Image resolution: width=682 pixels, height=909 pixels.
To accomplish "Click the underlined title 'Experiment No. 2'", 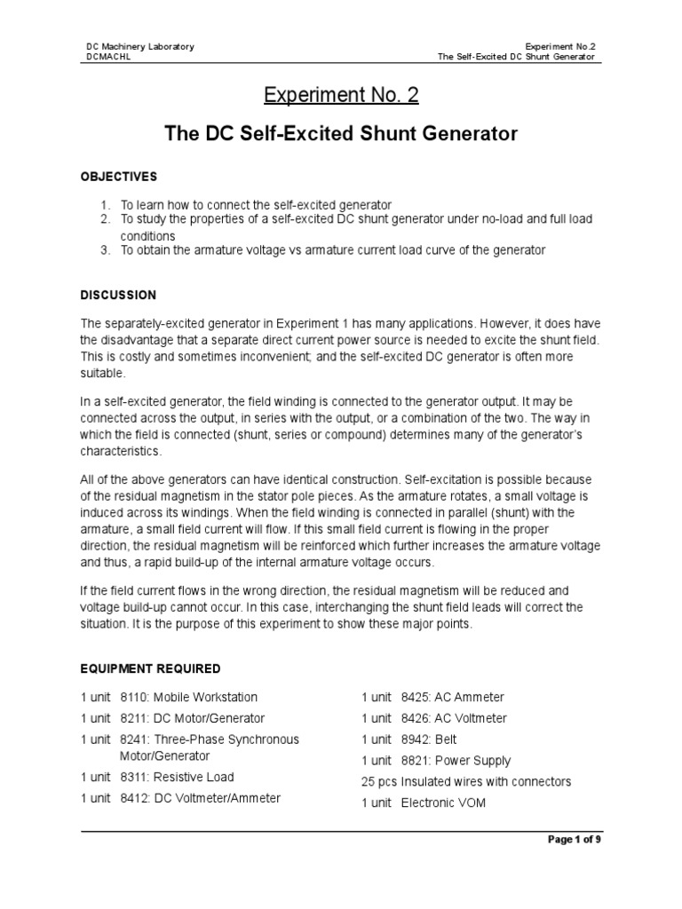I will point(342,95).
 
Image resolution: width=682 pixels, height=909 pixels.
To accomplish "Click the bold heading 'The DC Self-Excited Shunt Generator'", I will point(341,134).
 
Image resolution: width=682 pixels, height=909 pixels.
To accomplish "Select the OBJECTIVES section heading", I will point(119,177).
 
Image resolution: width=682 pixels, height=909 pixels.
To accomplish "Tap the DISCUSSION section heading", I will point(119,295).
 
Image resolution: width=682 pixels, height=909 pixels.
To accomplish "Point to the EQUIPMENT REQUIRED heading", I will point(151,668).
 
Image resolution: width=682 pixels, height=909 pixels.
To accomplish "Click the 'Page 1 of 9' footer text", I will point(575,839).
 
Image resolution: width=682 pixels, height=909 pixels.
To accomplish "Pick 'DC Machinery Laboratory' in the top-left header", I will point(139,46).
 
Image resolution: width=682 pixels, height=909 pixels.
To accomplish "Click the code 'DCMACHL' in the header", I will point(107,57).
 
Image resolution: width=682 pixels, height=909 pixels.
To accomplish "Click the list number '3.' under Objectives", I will point(105,250).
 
